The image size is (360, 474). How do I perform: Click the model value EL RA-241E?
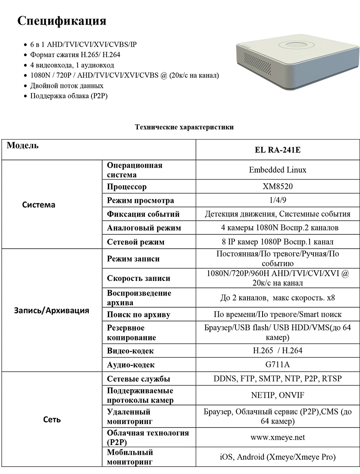(278, 151)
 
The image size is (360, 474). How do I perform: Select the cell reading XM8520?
(278, 187)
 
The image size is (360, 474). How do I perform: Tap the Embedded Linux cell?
(278, 170)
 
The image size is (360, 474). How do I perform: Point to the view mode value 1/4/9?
(278, 200)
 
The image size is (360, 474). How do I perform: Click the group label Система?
(39, 205)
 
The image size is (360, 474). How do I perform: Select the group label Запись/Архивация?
(52, 310)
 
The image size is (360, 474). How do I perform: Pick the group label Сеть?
(52, 419)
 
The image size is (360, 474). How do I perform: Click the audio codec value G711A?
(278, 365)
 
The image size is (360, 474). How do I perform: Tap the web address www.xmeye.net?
(278, 437)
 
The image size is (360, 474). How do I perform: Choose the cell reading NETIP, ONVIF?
(278, 395)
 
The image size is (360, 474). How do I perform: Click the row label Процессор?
(127, 187)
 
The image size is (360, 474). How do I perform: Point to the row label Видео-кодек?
(130, 351)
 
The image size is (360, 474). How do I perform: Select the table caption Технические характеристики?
(185, 127)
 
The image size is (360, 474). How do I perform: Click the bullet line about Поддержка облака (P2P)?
(69, 96)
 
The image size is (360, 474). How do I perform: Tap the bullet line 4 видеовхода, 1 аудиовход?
(72, 65)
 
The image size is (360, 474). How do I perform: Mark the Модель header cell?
(23, 146)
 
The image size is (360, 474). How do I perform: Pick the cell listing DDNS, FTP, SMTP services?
(278, 379)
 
